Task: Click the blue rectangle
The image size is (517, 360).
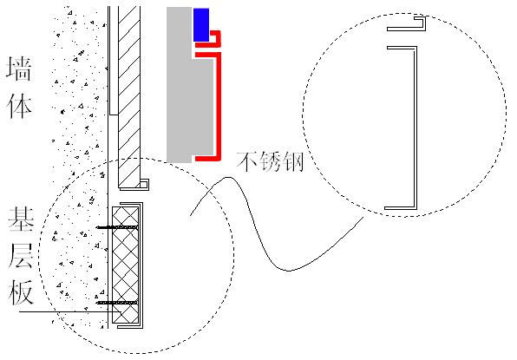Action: (200, 25)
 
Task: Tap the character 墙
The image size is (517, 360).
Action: (19, 69)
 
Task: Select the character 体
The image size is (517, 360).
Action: (19, 106)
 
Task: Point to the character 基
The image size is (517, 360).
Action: (21, 219)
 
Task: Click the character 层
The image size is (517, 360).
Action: (21, 256)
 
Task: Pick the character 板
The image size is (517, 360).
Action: (21, 292)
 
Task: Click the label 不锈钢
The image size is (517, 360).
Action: (270, 161)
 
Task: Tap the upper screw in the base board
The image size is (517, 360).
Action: (117, 227)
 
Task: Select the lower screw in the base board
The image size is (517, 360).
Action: (117, 302)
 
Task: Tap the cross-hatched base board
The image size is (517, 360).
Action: (125, 265)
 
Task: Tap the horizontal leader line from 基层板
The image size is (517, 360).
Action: (70, 311)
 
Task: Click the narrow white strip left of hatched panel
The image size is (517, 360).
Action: (114, 61)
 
